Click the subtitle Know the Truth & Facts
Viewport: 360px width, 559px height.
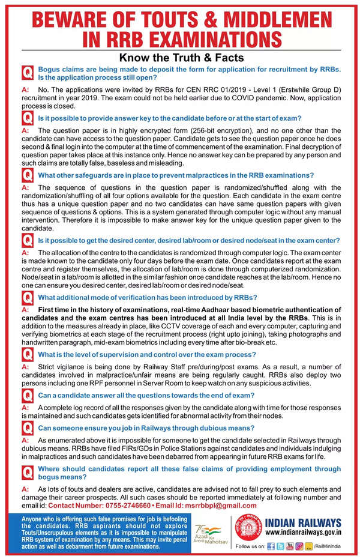[181, 58]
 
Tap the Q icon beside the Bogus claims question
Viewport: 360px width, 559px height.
[27, 73]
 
